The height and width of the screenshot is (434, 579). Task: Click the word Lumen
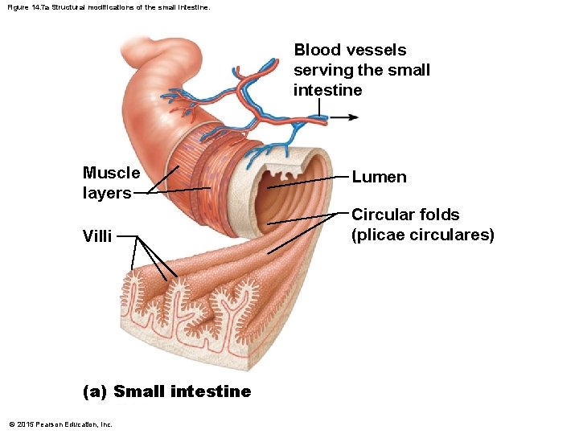[x=379, y=177]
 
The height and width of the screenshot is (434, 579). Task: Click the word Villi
[x=96, y=236]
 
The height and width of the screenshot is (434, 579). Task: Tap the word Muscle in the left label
[x=111, y=173]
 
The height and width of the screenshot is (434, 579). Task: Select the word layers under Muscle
[x=106, y=193]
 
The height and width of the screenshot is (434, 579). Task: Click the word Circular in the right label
[x=383, y=215]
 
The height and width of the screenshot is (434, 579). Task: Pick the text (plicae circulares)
[x=423, y=235]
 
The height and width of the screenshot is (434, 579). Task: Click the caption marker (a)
[x=95, y=391]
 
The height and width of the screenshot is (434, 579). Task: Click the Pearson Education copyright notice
[x=60, y=424]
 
